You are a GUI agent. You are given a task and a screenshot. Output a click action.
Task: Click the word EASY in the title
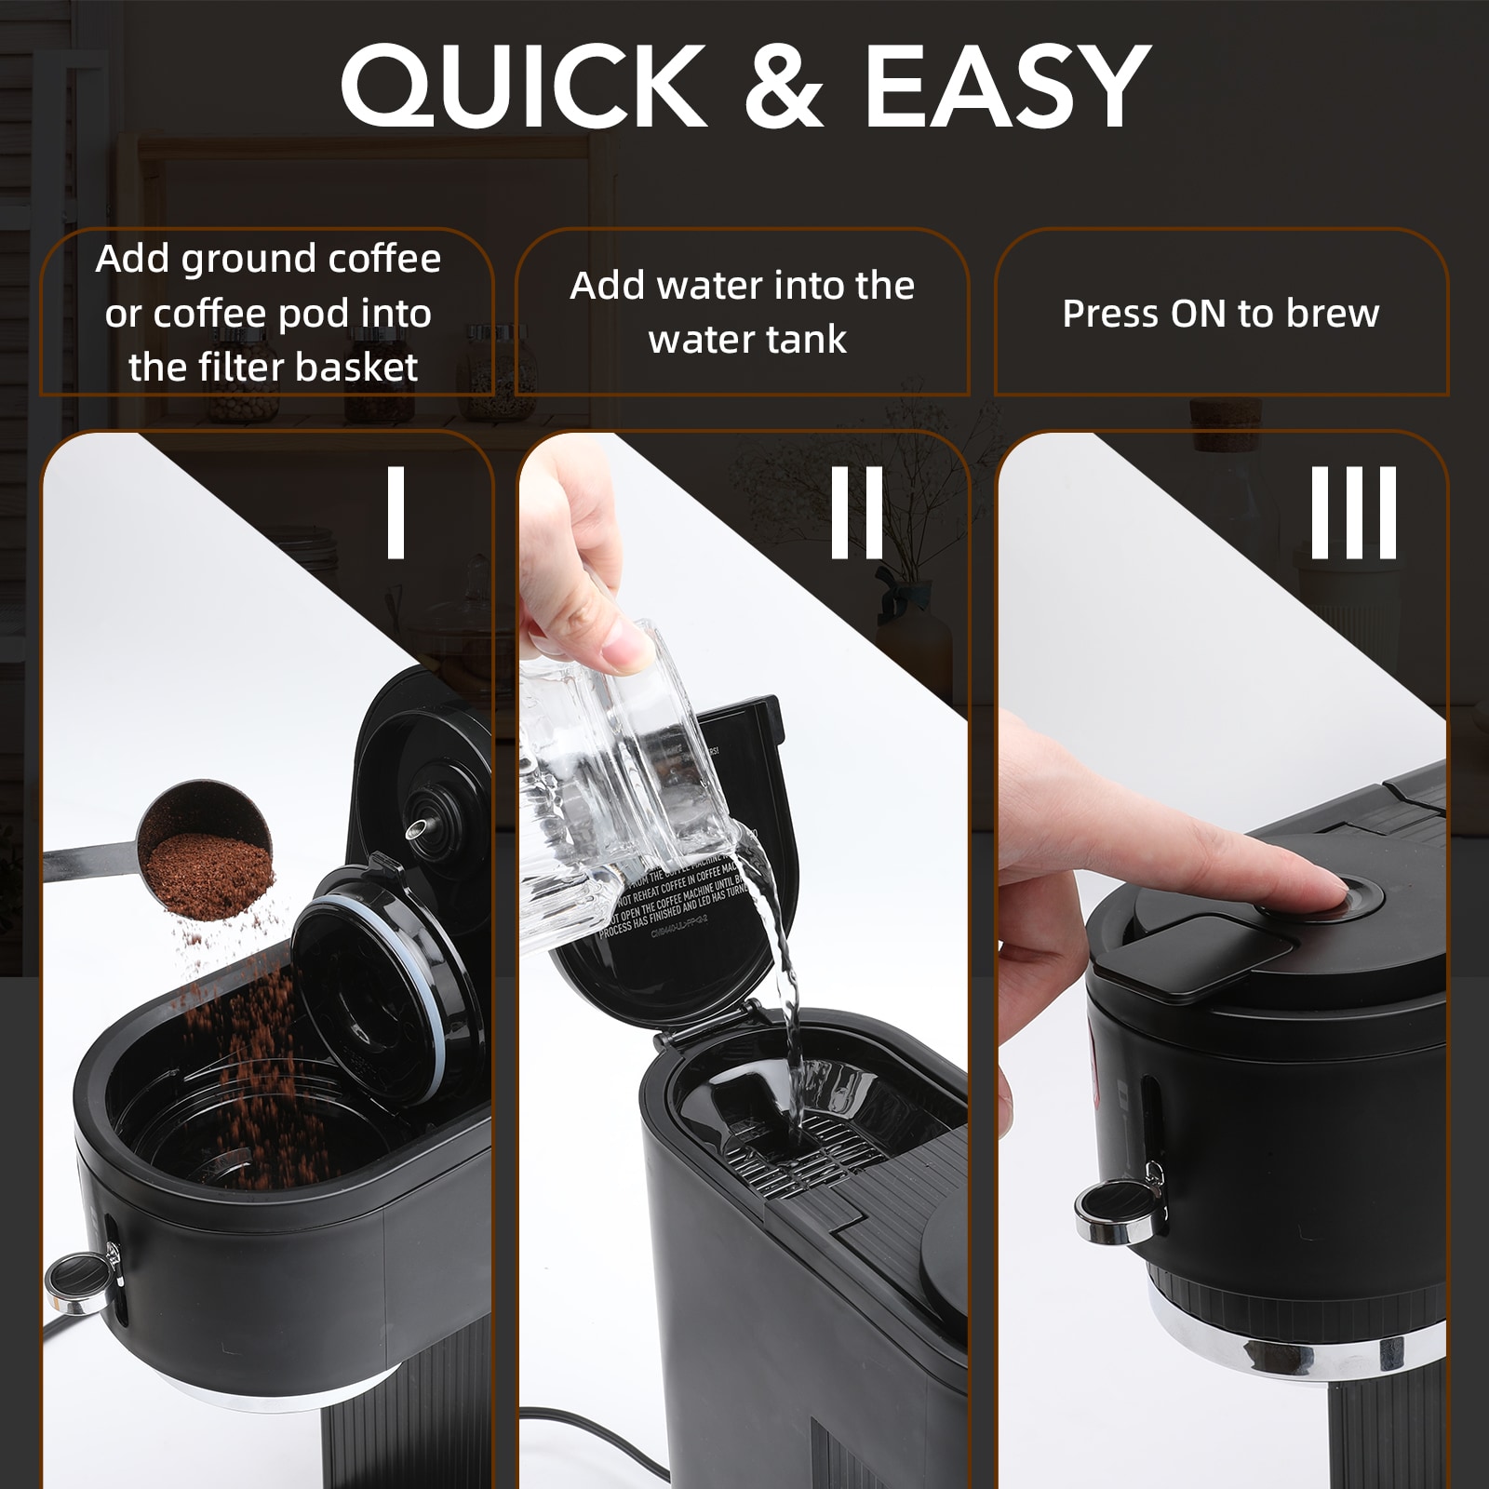click(1007, 86)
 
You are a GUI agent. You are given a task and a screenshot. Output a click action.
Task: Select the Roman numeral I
click(396, 513)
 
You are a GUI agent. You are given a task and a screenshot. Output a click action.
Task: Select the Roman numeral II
click(856, 513)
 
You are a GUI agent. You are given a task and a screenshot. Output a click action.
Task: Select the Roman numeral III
click(1353, 513)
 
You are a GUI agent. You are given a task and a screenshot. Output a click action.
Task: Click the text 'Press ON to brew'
click(1220, 314)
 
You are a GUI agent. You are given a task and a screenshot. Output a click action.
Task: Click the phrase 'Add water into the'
click(742, 286)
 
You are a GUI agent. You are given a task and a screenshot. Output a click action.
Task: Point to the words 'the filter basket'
click(273, 368)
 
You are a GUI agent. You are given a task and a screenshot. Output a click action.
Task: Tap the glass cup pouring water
click(614, 791)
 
